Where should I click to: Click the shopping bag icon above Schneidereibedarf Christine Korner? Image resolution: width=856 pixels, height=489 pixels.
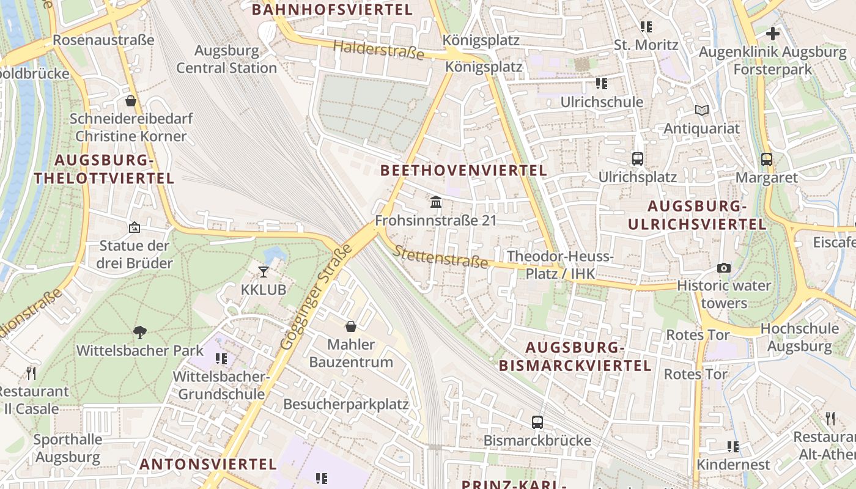point(130,101)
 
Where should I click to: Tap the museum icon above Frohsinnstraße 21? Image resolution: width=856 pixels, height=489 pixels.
point(436,202)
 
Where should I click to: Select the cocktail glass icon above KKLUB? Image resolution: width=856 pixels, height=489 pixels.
point(264,271)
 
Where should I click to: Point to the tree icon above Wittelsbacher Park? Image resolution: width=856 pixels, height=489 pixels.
point(140,332)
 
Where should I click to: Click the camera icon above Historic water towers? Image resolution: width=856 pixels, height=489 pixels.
point(724,268)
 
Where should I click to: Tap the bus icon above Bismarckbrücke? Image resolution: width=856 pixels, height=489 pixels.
point(537,422)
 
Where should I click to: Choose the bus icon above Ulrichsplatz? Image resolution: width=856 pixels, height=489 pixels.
point(638,159)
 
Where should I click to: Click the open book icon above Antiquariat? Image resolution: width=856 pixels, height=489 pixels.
point(702,111)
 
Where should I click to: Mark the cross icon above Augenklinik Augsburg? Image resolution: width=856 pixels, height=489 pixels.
point(773,34)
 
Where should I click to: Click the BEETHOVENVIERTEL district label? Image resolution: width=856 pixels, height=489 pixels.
point(464,171)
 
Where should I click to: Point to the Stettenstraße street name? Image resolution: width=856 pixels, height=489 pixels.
point(440,257)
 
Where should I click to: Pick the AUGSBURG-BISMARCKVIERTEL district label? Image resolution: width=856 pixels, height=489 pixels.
point(575,357)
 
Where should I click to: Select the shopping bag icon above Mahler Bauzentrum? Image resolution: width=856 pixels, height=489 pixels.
point(351,326)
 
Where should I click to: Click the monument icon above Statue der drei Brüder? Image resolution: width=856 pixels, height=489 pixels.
point(135,228)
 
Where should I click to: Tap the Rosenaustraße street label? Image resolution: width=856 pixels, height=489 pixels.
point(103,40)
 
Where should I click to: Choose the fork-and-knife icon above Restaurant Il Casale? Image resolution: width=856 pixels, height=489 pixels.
point(31,373)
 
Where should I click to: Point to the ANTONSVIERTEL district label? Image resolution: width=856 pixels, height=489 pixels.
point(208,464)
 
